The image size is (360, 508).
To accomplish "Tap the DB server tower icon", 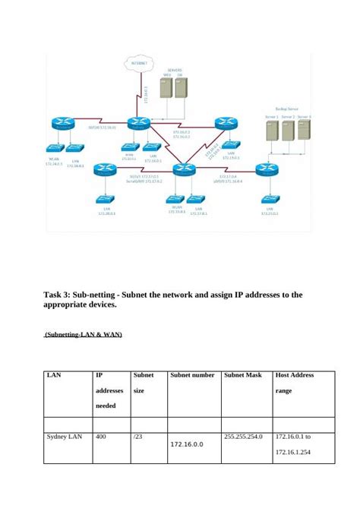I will tap(181, 87).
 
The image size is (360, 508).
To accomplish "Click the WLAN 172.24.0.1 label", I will tap(55, 162).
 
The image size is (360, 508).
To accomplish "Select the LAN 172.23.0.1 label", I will tap(270, 213).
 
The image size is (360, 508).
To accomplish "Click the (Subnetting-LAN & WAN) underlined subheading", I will tap(84, 334).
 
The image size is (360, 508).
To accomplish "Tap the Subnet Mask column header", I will tap(244, 375).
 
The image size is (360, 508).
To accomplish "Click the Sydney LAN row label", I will tap(64, 437).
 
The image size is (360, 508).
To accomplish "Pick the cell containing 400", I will tap(101, 437).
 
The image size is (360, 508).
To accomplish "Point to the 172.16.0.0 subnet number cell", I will tap(186, 443).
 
